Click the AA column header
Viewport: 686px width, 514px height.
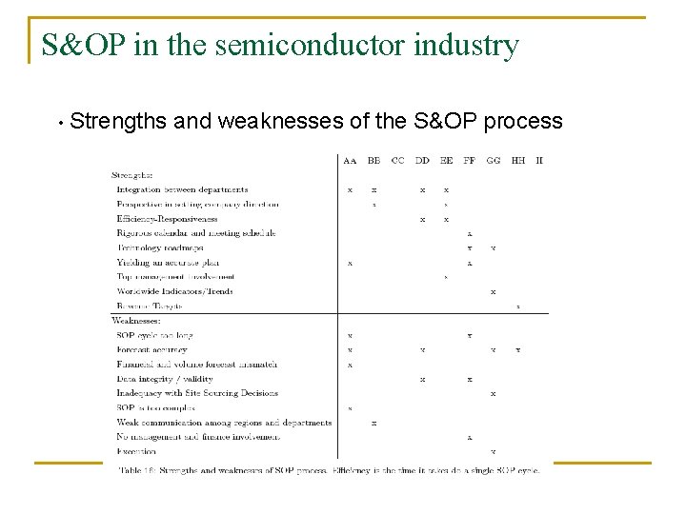[350, 161]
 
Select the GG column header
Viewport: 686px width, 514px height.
[494, 161]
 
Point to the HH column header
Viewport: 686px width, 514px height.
[518, 161]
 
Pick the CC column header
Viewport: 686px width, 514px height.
[398, 161]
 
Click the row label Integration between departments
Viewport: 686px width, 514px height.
[182, 189]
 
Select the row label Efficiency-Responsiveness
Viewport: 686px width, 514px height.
[167, 219]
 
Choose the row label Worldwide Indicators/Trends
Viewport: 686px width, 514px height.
[174, 291]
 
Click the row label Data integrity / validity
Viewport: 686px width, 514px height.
[165, 379]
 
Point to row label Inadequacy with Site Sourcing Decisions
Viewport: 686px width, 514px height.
[197, 393]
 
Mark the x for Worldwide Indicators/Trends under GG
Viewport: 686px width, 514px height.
[493, 291]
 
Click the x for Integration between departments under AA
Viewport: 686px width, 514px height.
[350, 189]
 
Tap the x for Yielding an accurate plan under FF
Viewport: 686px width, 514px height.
[470, 263]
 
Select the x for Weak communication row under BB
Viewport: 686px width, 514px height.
[373, 423]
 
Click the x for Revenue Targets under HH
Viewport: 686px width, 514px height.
[518, 306]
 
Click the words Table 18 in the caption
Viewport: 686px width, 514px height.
[136, 469]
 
